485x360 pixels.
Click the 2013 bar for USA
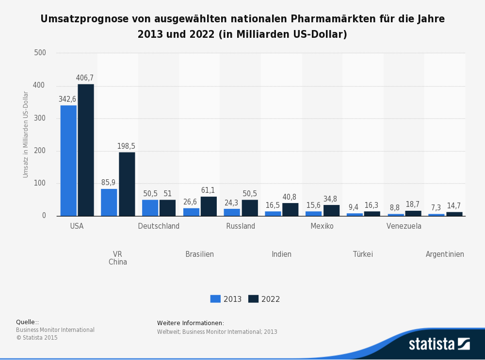tap(68, 160)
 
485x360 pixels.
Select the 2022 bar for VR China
tap(127, 184)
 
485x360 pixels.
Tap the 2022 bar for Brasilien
tap(209, 206)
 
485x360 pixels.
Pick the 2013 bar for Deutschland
tap(150, 208)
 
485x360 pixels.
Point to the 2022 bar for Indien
tap(291, 209)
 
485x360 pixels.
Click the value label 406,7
tap(85, 78)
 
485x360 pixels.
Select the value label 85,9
tap(109, 183)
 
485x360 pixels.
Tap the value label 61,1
tap(208, 190)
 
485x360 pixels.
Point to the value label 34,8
tap(331, 199)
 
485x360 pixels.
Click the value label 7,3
tap(436, 207)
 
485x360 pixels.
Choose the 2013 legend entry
tap(226, 299)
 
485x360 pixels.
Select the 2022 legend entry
tap(264, 299)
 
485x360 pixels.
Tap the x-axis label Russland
tap(241, 226)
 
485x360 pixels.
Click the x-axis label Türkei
tap(363, 254)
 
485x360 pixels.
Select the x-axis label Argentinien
tap(445, 254)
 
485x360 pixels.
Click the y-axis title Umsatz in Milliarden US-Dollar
tap(26, 134)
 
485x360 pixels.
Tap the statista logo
tap(439, 344)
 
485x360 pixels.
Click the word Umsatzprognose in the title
tap(79, 19)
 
